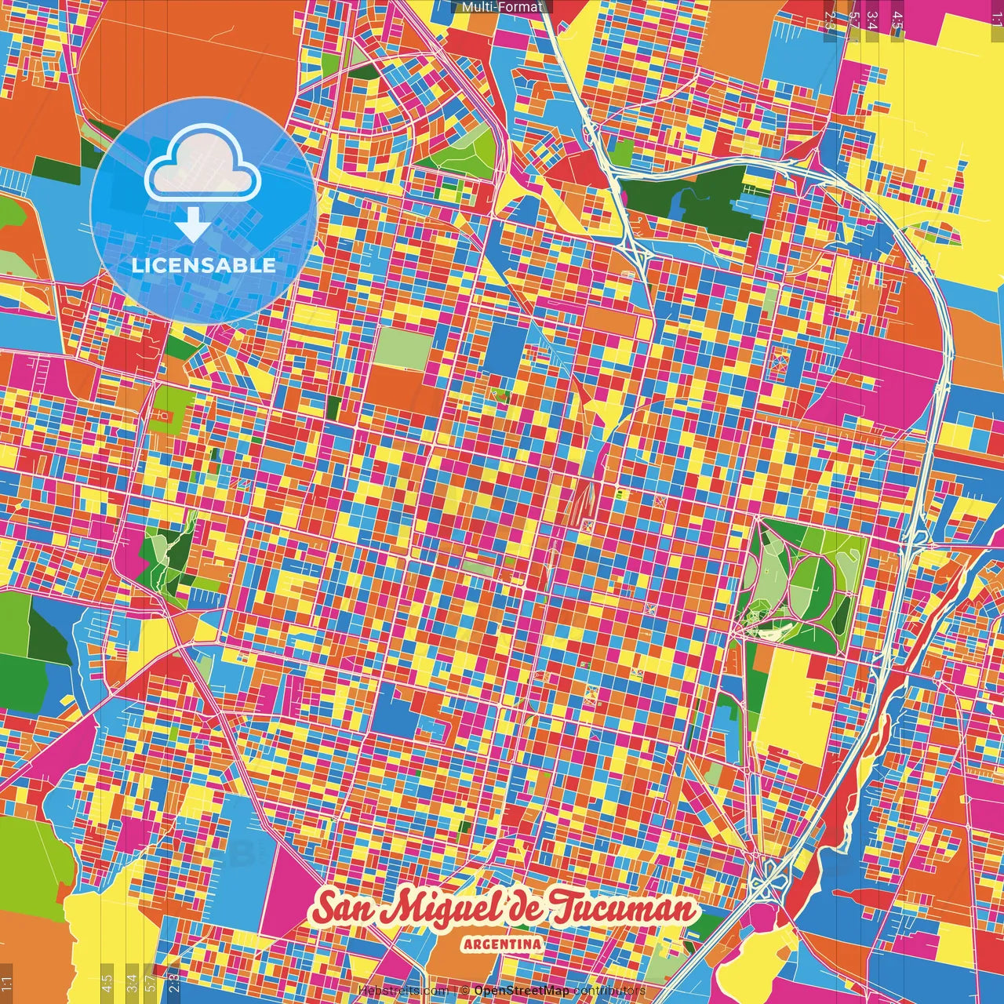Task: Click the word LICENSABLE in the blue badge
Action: coord(204,265)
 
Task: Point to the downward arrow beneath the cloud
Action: coord(191,226)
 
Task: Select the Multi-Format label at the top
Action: coord(502,7)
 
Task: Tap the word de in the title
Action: coord(522,908)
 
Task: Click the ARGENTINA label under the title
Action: coord(502,944)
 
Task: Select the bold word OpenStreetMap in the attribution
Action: coord(522,991)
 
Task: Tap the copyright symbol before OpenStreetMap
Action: coord(464,991)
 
